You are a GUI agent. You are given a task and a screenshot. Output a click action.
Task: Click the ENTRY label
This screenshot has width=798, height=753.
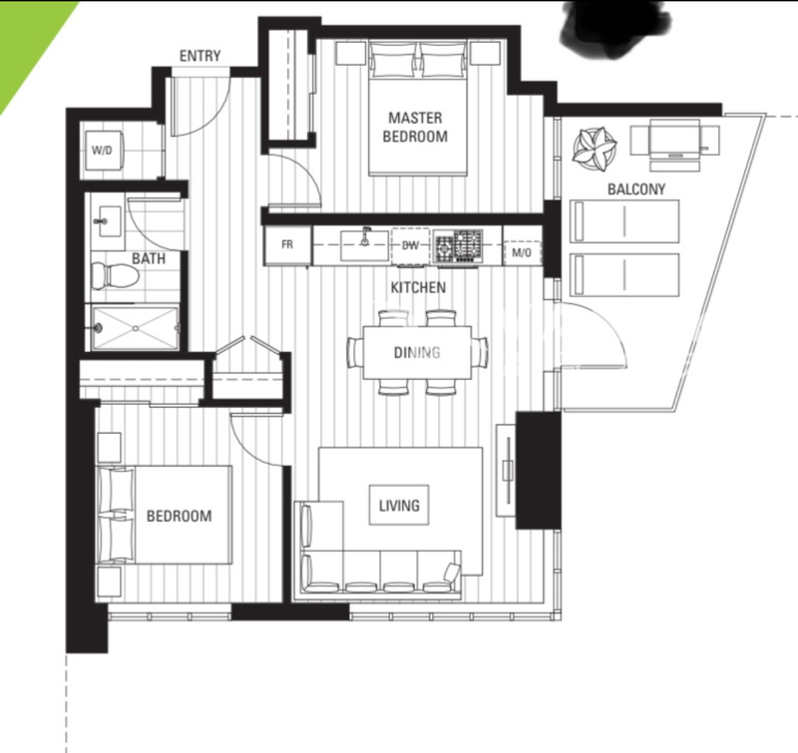coord(200,56)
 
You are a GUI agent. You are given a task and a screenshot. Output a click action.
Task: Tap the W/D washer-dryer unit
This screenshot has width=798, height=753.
coord(104,150)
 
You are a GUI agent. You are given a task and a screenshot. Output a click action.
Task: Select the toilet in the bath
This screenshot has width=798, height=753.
coord(115,275)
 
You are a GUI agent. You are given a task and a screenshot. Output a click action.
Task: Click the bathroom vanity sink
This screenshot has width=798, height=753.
coord(109,221)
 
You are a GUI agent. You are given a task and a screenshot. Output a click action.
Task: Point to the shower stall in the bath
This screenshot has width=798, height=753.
coord(135,328)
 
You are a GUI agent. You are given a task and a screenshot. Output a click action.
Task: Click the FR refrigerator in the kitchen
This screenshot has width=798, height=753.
coord(287,244)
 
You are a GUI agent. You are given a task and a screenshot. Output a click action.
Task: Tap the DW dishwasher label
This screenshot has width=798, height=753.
coord(410,245)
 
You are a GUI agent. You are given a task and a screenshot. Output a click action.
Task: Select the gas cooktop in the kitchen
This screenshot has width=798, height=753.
coord(458,246)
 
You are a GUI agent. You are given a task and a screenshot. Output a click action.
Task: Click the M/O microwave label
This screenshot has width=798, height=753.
coord(521,253)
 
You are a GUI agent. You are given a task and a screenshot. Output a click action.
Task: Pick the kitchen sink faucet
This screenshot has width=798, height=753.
coord(364,237)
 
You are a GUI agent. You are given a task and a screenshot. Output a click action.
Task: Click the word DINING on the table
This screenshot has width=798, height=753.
coord(417,352)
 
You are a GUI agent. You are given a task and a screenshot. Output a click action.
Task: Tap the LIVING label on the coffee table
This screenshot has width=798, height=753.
coord(399,506)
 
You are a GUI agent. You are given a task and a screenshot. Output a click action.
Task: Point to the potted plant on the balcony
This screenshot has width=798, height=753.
coord(595,149)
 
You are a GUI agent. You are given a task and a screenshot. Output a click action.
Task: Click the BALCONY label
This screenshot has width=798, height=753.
coord(636,189)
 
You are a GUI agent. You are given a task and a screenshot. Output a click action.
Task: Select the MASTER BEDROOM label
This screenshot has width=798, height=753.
coord(415,128)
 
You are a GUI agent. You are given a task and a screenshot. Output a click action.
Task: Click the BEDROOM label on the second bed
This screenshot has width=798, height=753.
coord(180,516)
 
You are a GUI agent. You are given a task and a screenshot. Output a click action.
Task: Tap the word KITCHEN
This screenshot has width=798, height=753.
coord(418,287)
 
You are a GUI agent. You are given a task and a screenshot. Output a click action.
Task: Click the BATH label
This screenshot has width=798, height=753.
coord(149,258)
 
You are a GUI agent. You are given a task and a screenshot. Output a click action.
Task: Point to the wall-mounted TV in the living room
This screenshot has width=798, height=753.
coord(507,471)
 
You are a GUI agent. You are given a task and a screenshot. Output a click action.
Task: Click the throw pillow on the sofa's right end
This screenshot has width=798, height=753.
coord(452,572)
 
